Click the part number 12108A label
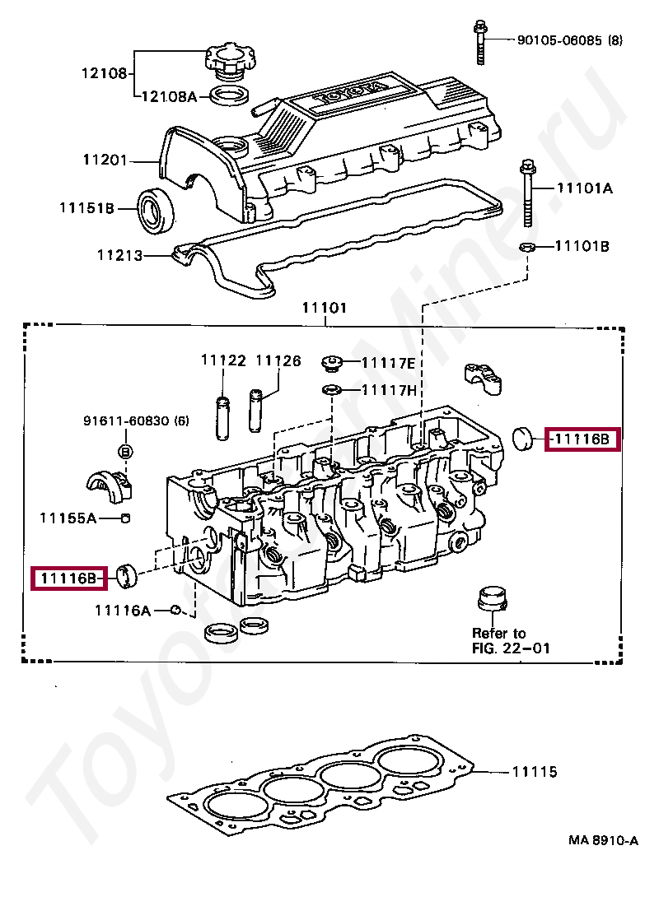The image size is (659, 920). tap(169, 96)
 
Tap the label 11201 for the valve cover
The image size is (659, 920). tap(105, 160)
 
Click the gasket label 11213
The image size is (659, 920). tap(120, 256)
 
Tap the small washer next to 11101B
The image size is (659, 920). tap(529, 247)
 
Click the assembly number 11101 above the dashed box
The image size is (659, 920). tap(324, 309)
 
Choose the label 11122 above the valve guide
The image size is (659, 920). tap(223, 360)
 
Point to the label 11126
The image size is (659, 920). tap(278, 360)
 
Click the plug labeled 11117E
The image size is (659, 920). tap(334, 361)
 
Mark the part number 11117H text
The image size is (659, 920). tap(389, 389)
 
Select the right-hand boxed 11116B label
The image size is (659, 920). tap(582, 439)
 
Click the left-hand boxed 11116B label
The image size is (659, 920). tap(69, 578)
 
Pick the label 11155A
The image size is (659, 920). tap(68, 518)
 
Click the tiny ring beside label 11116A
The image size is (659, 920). tap(175, 610)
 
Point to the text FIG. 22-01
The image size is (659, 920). tap(511, 648)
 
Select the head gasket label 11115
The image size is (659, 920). tap(535, 772)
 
